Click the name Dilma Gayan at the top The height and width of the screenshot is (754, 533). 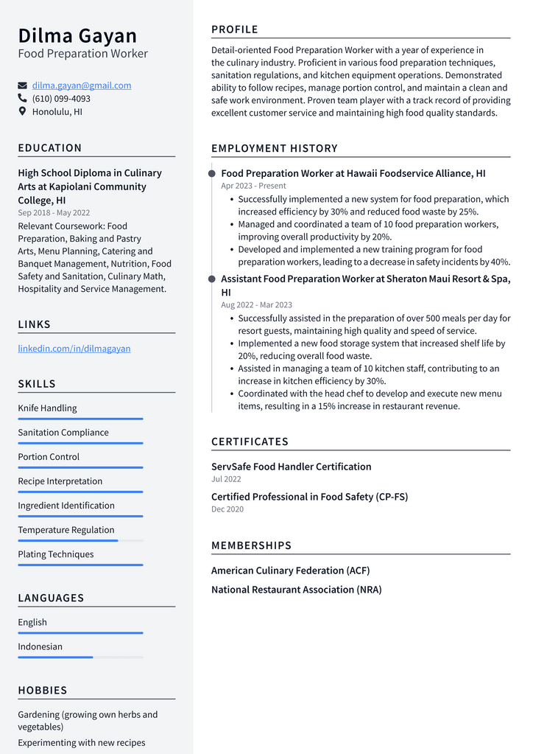pos(77,35)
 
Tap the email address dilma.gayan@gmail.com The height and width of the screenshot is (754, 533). pos(82,85)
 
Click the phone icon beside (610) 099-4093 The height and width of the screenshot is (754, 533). pos(22,98)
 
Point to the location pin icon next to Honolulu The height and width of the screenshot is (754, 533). pos(22,111)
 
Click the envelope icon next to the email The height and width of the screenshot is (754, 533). pos(22,85)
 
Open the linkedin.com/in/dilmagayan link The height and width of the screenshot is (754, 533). pos(74,349)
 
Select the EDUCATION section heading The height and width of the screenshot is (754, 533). pos(50,148)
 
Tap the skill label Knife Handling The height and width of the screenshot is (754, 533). pos(47,408)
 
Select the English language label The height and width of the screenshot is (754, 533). pos(32,623)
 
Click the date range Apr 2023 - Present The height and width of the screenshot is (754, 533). pos(253,186)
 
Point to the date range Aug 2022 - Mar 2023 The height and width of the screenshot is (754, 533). pos(256,305)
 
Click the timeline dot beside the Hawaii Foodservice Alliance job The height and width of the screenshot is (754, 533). pos(212,174)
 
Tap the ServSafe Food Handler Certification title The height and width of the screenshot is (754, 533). pos(291,467)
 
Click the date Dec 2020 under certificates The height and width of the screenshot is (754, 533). pos(227,509)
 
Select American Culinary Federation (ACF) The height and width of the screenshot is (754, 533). pos(290,571)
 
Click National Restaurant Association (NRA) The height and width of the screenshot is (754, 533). pos(296,590)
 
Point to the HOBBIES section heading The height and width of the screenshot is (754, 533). pos(43,691)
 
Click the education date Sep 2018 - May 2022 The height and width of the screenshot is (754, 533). pos(54,213)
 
